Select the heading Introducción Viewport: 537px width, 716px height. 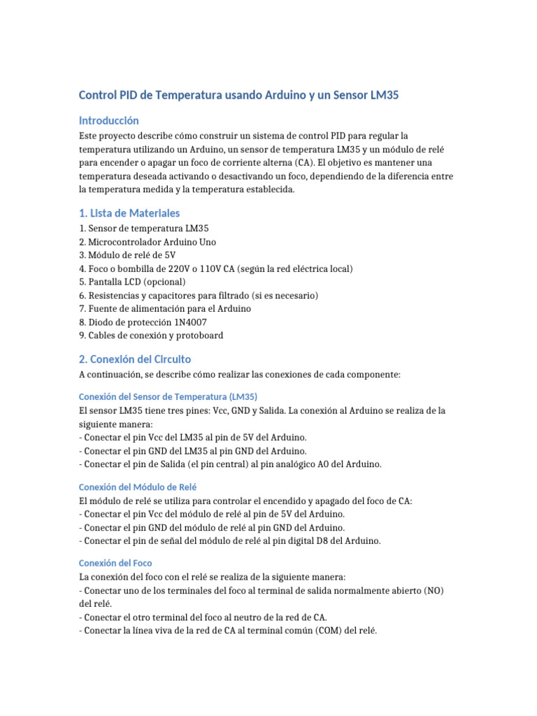(x=108, y=120)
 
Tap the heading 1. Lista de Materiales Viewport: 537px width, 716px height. (x=129, y=213)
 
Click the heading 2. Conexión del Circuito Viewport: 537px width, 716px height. (x=135, y=359)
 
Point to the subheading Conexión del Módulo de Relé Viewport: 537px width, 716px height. (x=143, y=486)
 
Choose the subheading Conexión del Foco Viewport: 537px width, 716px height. (x=115, y=562)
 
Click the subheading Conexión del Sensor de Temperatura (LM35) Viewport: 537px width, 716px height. (x=168, y=396)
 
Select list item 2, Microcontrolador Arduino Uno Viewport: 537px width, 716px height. (x=148, y=242)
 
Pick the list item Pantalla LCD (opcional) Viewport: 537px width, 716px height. (x=132, y=282)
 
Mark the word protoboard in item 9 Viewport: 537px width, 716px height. (x=200, y=336)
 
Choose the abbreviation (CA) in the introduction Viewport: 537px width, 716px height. (x=259, y=163)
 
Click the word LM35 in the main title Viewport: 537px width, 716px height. (x=384, y=96)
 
